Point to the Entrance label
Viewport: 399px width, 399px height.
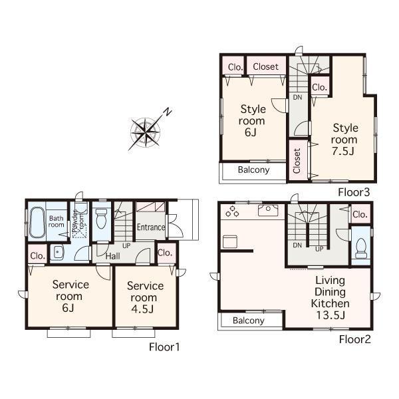151,227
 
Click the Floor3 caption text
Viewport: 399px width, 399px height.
353,192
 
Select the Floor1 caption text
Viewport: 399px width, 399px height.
164,346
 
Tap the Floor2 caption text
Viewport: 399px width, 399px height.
355,339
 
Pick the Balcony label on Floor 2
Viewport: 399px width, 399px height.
249,321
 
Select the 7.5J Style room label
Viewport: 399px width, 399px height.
345,140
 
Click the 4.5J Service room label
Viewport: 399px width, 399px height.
145,297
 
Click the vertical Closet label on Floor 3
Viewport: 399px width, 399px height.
297,160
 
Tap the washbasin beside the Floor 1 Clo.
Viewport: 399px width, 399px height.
58,253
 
